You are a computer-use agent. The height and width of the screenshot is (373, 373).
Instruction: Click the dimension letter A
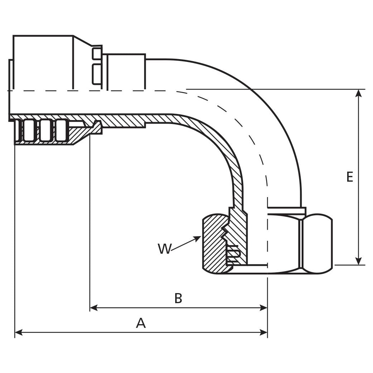click(141, 323)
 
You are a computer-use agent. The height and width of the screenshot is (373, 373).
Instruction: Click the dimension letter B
click(178, 298)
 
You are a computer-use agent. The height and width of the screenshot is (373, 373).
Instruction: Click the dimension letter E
click(350, 177)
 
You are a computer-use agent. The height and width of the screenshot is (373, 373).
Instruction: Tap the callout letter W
click(164, 249)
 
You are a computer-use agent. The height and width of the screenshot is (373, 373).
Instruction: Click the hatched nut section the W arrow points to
click(213, 247)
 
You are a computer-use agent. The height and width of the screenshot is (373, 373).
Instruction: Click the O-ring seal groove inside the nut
click(233, 253)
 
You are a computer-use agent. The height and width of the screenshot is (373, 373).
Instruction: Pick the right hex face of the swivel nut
click(317, 244)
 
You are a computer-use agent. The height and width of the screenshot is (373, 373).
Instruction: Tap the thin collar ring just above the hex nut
click(287, 210)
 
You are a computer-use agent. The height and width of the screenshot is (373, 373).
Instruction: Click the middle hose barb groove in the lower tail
click(44, 130)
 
